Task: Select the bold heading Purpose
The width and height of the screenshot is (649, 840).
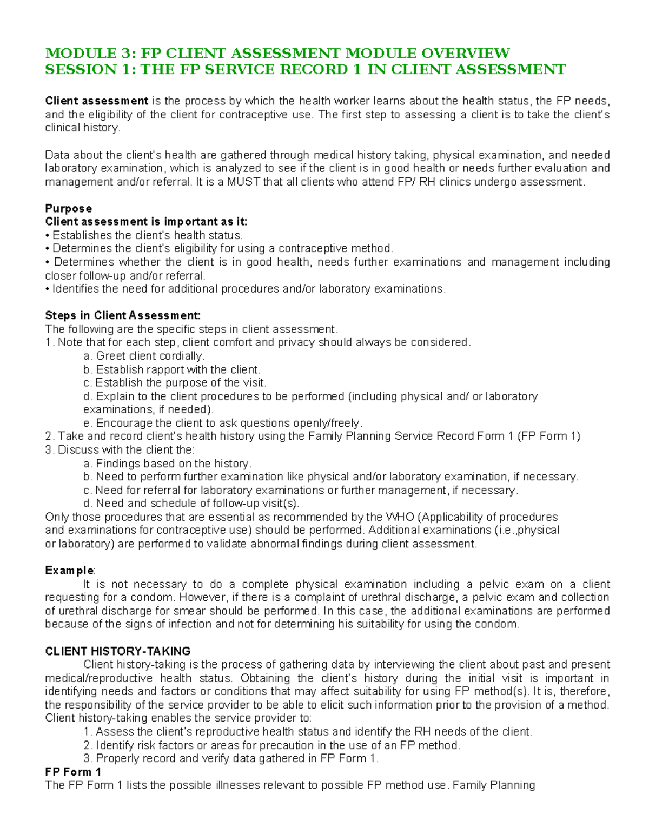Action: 68,208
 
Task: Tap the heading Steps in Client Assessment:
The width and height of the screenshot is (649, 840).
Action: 123,315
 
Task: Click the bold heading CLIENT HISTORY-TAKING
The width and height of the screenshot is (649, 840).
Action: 117,651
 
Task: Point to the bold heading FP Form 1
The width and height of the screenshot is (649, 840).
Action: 73,772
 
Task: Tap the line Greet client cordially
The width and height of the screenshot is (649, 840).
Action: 144,356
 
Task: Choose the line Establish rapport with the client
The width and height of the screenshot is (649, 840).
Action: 172,369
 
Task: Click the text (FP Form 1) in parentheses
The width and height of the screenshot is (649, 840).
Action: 548,436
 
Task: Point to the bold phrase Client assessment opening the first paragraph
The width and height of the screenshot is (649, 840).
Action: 96,101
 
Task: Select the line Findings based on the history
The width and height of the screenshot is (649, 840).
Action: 168,464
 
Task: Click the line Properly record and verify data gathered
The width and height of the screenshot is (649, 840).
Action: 231,758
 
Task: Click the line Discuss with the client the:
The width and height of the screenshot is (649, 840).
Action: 120,449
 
